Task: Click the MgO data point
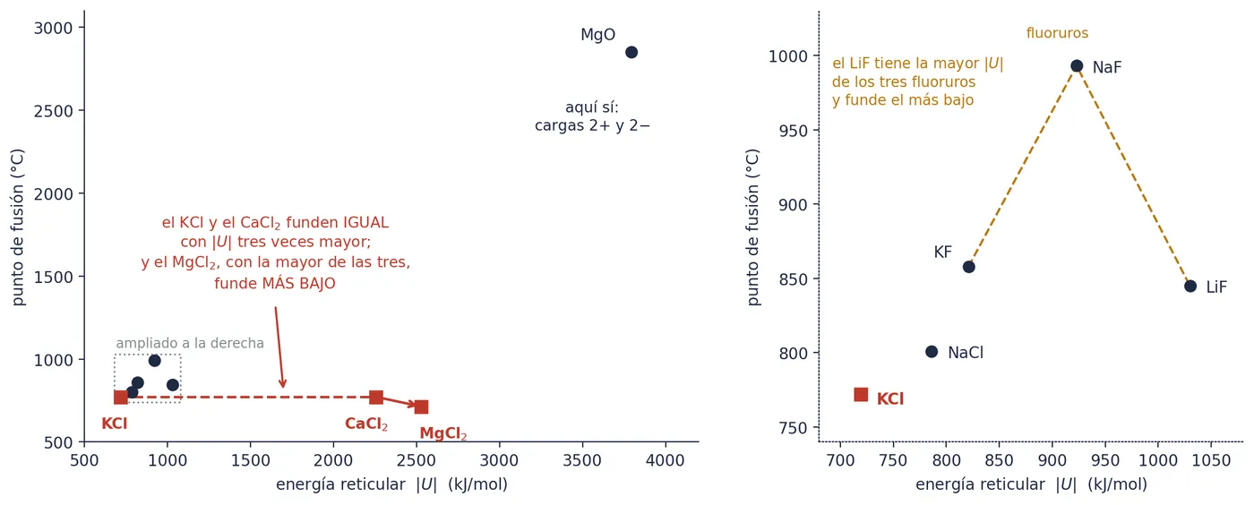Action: [631, 52]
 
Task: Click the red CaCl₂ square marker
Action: [376, 398]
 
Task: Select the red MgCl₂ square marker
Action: [422, 407]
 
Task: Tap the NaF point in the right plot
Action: [1076, 66]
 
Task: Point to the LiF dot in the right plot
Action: [1190, 287]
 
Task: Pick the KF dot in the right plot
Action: [968, 267]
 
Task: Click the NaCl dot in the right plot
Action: [932, 352]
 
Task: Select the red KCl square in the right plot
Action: [861, 395]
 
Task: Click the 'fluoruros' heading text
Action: [1057, 33]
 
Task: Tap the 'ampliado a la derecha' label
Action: [190, 343]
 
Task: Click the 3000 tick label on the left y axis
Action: [53, 28]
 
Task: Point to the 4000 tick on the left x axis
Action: [665, 461]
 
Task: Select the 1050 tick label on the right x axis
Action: [1211, 461]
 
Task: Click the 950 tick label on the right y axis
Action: [793, 131]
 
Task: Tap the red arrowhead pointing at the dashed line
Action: [283, 383]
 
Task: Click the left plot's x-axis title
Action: [392, 484]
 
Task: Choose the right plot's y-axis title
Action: [753, 227]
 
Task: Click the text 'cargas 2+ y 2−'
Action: [592, 125]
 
